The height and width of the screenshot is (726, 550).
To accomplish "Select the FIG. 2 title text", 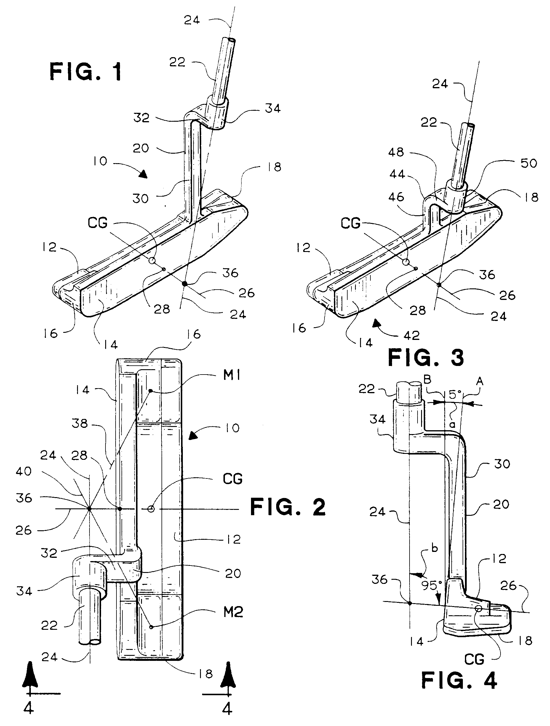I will click(x=288, y=507).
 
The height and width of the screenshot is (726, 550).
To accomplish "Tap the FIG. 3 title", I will click(x=426, y=358).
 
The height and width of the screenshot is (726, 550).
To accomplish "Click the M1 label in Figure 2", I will click(x=232, y=375).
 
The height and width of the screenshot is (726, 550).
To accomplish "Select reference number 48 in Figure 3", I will click(x=396, y=152).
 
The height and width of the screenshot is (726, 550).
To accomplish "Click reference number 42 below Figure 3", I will click(x=411, y=335).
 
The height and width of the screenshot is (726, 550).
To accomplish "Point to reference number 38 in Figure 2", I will click(x=80, y=424).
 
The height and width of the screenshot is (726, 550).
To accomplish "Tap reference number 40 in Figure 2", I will click(x=24, y=472).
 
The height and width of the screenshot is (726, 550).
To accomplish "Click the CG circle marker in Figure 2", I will click(x=151, y=509).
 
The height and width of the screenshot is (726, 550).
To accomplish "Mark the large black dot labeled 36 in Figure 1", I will click(x=185, y=284).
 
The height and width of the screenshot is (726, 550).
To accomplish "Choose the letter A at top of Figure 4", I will click(x=480, y=381).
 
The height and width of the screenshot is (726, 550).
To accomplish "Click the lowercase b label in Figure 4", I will click(x=434, y=548).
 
